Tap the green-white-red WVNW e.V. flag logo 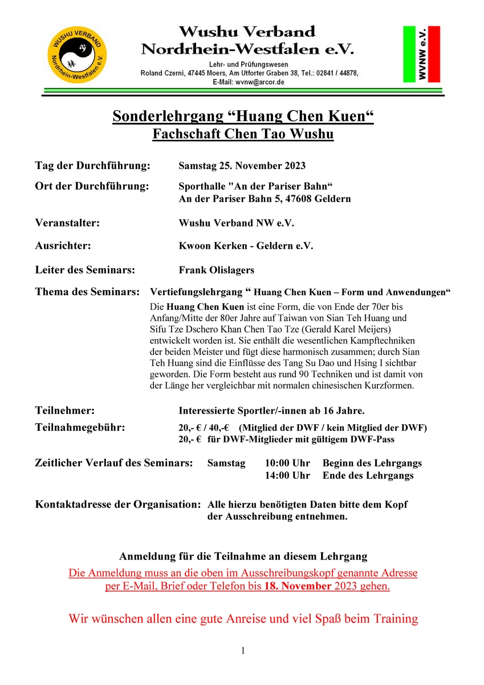click(421, 54)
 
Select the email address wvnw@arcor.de click(256, 82)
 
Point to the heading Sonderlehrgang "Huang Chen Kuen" click(243, 116)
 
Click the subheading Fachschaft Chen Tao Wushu click(243, 135)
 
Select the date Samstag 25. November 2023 click(242, 166)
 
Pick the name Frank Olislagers click(217, 270)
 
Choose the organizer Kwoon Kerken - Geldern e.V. click(246, 246)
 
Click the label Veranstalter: click(67, 223)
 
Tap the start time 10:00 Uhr click(287, 464)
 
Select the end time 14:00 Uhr click(287, 476)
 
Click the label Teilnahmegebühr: click(80, 427)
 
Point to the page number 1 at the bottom click(243, 651)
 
